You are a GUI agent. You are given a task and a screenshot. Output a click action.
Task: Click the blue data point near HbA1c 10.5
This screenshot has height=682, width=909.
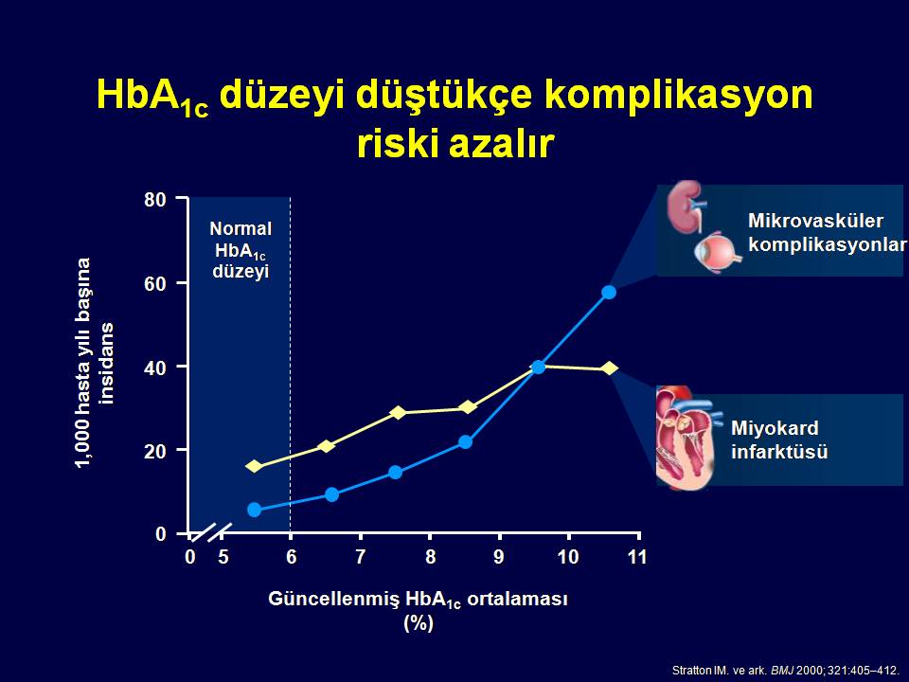point(609,293)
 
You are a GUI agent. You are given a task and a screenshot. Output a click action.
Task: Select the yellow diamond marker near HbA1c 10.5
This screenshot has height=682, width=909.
point(609,368)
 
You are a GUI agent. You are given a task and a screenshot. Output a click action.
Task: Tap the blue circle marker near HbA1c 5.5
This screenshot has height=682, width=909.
point(255,510)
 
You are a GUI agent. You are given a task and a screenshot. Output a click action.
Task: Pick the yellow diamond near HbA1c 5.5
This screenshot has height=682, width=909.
point(254,466)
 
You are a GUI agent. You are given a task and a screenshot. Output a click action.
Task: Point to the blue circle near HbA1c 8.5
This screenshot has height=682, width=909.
point(466,442)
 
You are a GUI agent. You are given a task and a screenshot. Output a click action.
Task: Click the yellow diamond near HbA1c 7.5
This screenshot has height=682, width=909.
point(399,413)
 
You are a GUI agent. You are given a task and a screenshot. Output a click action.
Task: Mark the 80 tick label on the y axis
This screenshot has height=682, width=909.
point(154,200)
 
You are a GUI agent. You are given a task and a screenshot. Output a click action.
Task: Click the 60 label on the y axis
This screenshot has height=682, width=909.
point(154,283)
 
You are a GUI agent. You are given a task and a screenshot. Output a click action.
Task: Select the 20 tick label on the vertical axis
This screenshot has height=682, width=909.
point(154,451)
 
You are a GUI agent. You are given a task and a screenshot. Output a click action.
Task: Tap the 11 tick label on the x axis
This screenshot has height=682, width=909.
point(636,557)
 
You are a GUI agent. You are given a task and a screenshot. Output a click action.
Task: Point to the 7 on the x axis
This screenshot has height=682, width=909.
point(361,557)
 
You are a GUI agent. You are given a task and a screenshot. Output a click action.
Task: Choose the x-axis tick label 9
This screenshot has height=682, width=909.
point(499,557)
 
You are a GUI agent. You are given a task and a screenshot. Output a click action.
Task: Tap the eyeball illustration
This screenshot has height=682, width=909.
point(718,252)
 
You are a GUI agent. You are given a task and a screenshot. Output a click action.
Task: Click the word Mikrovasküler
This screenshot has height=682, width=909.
point(815,221)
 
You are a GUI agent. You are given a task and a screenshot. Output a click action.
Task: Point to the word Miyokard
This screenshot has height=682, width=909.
point(775,428)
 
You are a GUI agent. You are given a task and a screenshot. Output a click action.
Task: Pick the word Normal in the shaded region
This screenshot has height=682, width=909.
point(241,228)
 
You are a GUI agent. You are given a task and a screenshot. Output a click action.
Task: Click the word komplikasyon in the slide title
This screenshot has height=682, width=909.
point(678,95)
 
